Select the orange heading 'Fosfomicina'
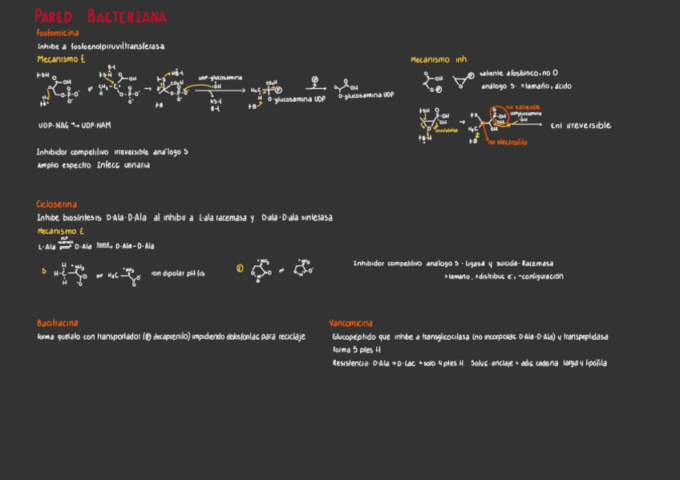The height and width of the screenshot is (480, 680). click(x=58, y=33)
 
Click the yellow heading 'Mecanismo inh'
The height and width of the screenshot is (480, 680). click(x=439, y=60)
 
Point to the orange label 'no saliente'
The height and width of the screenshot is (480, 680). click(x=523, y=107)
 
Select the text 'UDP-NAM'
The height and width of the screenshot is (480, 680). click(x=96, y=126)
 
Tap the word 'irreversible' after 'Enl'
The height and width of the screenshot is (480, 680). click(x=589, y=126)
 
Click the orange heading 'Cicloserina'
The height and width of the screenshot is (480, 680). click(x=57, y=204)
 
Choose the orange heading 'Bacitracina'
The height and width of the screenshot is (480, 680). click(x=58, y=323)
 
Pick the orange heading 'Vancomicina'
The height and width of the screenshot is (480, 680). click(x=351, y=324)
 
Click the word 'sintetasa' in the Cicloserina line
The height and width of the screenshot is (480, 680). click(x=316, y=218)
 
